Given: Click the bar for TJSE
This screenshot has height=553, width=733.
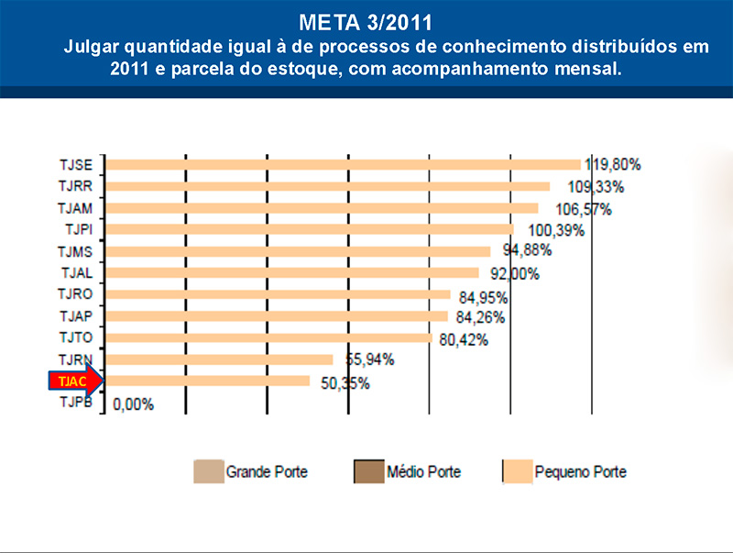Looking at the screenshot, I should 344,164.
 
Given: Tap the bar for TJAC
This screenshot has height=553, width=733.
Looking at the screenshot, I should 209,381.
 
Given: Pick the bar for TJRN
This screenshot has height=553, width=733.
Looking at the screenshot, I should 220,359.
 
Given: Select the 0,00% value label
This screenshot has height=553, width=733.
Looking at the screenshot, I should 133,404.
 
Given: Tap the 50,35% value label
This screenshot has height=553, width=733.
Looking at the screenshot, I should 345,383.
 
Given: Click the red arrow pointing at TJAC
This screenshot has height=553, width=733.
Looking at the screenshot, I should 77,381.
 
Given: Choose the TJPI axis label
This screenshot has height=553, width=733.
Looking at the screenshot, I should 80,229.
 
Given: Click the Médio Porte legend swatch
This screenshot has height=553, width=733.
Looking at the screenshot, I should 369,472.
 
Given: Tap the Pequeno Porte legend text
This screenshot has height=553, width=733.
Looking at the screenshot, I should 582,472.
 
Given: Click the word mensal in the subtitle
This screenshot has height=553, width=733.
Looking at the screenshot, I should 592,70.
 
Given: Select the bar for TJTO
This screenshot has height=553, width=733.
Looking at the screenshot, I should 268,337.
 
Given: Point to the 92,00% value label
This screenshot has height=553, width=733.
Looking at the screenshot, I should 514,273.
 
